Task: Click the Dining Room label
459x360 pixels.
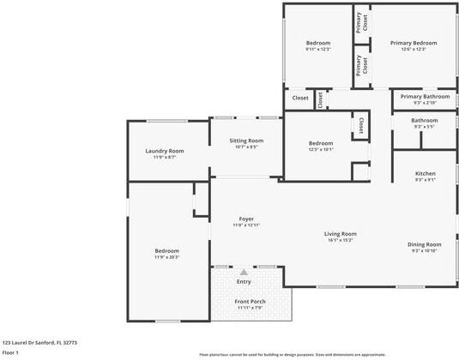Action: [x=424, y=244]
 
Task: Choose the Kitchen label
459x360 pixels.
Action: [x=425, y=174]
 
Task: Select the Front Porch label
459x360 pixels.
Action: [x=250, y=301]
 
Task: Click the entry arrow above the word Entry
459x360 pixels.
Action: [x=244, y=272]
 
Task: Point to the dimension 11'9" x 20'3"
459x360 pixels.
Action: [x=166, y=256]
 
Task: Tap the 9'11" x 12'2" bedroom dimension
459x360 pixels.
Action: [x=318, y=49]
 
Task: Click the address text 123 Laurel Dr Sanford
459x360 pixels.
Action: [x=39, y=340]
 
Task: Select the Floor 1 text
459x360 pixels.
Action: [x=11, y=351]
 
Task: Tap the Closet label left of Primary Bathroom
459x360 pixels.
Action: [x=300, y=98]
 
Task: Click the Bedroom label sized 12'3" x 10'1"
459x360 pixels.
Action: [x=321, y=143]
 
